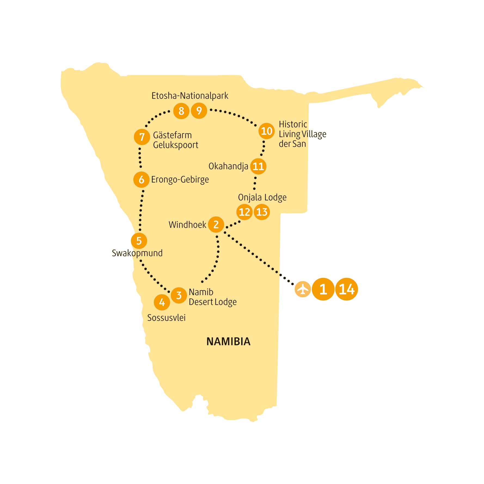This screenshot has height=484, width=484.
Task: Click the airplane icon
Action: (x=303, y=289)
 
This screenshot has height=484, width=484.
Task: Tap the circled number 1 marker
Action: (x=323, y=289)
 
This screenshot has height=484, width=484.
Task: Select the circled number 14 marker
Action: (x=347, y=289)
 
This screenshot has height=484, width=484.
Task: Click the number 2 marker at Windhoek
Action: (x=216, y=225)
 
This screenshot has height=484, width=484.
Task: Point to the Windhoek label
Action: (x=188, y=225)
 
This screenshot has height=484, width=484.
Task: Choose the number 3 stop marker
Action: (x=179, y=295)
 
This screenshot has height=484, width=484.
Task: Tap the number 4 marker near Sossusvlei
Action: (x=162, y=302)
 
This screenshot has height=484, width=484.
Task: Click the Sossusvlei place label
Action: (x=166, y=318)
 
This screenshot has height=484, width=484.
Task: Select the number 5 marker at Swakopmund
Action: (x=139, y=241)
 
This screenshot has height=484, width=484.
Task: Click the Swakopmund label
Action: (x=137, y=253)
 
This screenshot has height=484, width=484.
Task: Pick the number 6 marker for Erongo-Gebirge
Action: (x=141, y=180)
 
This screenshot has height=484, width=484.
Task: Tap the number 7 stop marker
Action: (x=142, y=137)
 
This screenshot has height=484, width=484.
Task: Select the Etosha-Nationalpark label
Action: (x=190, y=96)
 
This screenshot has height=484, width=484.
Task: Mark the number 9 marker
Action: (x=199, y=111)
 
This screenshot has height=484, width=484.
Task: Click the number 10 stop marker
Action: (x=266, y=131)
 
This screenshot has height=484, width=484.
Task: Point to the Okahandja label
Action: (x=228, y=166)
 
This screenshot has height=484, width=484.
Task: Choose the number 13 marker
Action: (x=262, y=212)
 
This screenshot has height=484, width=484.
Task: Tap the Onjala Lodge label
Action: (x=262, y=198)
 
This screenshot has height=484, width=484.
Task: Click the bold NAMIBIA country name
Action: (x=228, y=342)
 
